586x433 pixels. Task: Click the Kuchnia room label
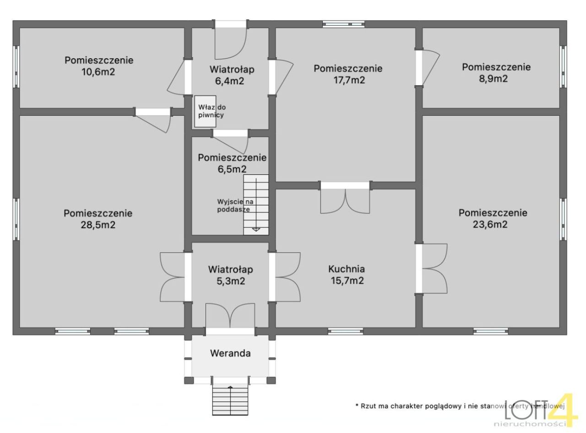point(347,269)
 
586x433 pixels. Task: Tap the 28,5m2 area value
point(98,225)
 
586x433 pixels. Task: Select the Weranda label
point(230,353)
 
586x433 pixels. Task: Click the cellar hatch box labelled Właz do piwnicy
point(205,111)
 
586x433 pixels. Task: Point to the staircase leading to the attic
point(256,205)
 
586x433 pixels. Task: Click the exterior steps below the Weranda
point(230,400)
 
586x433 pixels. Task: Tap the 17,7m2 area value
point(349,80)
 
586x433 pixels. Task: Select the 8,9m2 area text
point(494,79)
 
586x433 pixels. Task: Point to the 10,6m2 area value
point(98,72)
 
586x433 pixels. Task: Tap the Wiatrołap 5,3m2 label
point(231,275)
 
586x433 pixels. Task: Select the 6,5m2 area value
point(232,169)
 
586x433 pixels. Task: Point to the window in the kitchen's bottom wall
point(346,331)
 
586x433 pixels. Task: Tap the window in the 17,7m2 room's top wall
point(343,24)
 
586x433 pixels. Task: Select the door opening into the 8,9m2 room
point(427,68)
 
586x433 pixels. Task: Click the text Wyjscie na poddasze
point(235,206)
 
